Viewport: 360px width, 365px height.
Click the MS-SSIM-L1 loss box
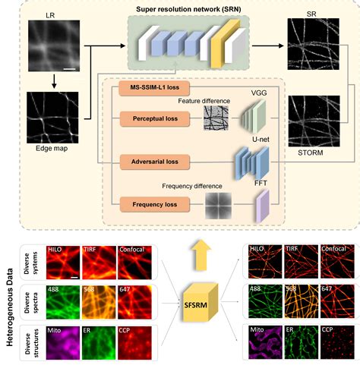point(153,90)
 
